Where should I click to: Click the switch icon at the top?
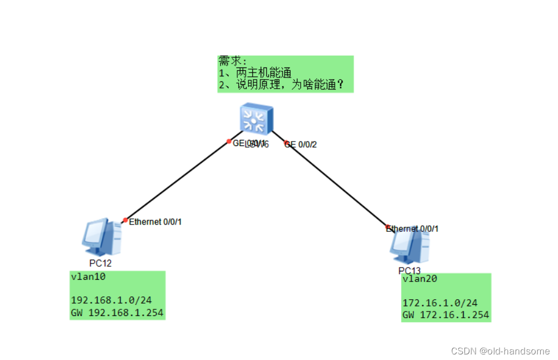(x=256, y=119)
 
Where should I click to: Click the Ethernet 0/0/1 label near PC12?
(x=155, y=222)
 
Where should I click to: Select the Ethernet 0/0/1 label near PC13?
(x=413, y=228)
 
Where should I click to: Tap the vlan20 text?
(x=420, y=279)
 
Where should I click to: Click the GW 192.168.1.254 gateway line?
(x=117, y=313)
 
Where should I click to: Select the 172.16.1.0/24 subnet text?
(x=440, y=303)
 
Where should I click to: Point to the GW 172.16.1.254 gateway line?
(x=446, y=315)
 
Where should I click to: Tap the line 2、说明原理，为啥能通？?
(x=281, y=85)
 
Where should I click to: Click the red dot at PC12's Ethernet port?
(x=125, y=220)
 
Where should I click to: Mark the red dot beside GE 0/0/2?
(x=287, y=143)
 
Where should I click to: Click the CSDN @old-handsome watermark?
(x=500, y=351)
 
